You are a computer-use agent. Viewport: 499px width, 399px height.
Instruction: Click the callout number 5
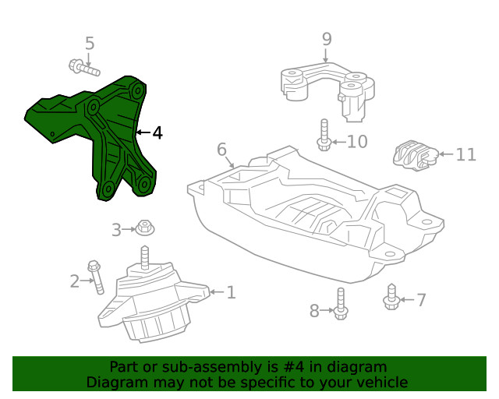click(x=90, y=44)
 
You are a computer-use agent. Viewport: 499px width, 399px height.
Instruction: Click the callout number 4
click(x=157, y=133)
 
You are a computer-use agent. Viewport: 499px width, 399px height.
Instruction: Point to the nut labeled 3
click(x=143, y=228)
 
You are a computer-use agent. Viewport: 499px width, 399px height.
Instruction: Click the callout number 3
click(x=116, y=230)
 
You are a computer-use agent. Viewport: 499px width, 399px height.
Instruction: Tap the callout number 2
click(x=75, y=281)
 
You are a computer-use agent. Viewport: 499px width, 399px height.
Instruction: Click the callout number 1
click(x=231, y=293)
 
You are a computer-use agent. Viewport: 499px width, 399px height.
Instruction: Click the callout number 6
click(x=221, y=149)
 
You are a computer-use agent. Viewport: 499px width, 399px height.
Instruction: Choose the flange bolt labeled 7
click(x=392, y=297)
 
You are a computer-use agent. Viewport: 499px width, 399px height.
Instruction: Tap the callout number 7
click(x=421, y=300)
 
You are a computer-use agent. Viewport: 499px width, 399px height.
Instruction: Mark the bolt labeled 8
click(x=341, y=303)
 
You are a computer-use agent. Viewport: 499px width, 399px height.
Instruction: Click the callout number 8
click(x=314, y=312)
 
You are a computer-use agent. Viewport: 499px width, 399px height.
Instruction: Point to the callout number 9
click(x=327, y=39)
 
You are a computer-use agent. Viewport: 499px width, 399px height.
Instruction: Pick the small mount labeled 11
click(x=412, y=154)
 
